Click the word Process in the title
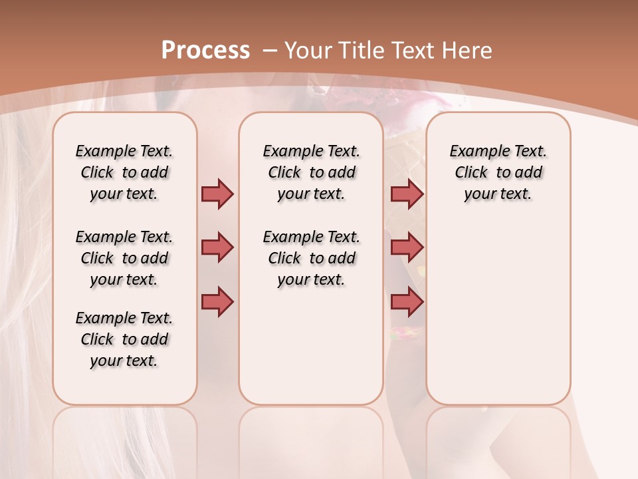(x=205, y=50)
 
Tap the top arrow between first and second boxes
(x=217, y=194)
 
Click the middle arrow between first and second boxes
(x=217, y=247)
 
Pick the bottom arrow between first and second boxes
(x=217, y=302)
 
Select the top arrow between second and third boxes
(x=407, y=194)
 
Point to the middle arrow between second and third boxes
(x=407, y=247)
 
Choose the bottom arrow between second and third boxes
(x=407, y=302)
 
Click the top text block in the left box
(x=124, y=172)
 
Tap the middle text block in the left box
(x=124, y=258)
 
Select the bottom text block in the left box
(x=124, y=339)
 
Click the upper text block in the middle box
(x=311, y=172)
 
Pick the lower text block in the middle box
(x=311, y=258)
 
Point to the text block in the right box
(x=498, y=172)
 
